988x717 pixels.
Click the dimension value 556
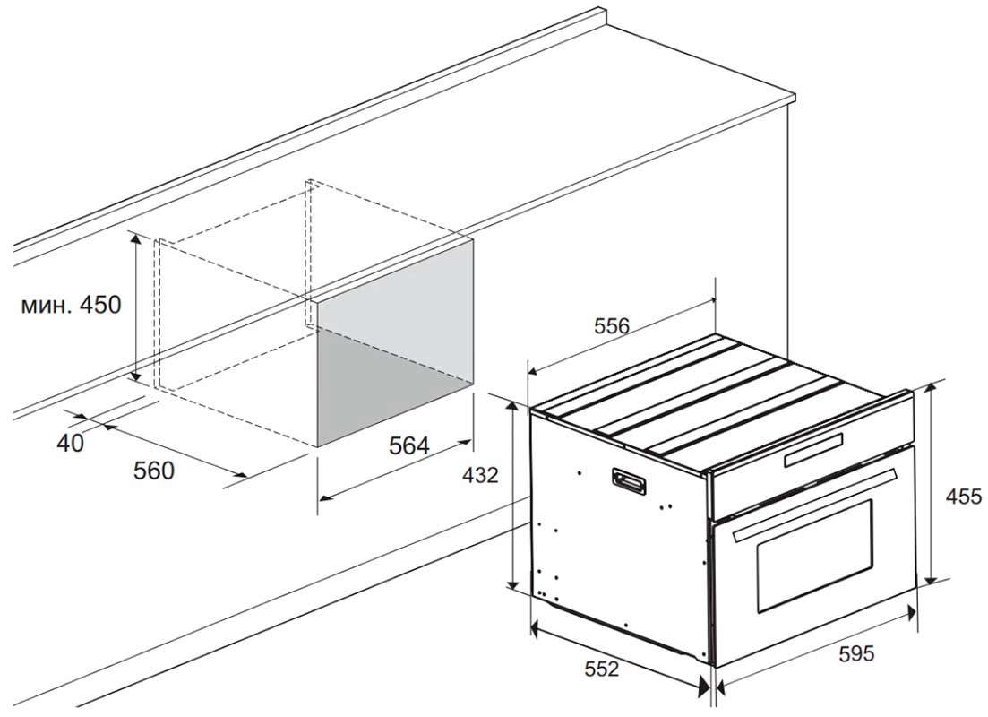[612, 326]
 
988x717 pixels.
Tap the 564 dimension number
[409, 445]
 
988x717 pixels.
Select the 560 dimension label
[154, 471]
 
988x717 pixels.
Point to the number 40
[70, 444]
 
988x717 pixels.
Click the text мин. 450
[71, 305]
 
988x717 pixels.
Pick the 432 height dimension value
[480, 475]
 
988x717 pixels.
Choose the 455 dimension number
[964, 497]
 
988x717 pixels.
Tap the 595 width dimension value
[857, 654]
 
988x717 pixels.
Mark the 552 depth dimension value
[602, 669]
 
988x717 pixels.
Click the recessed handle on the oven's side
[628, 481]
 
